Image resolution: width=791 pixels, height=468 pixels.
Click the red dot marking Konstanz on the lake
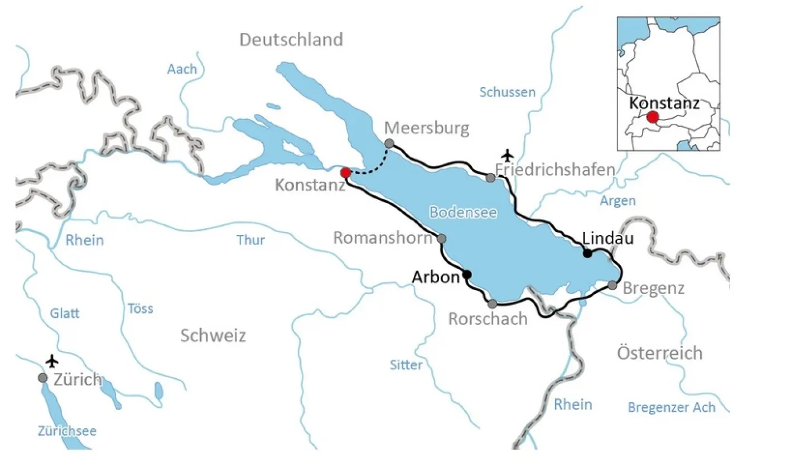345,172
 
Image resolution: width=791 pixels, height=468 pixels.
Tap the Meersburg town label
427,129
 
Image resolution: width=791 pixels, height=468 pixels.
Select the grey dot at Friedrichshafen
490,178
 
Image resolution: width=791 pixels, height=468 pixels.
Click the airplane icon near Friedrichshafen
507,153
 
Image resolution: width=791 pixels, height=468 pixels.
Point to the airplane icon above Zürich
52,361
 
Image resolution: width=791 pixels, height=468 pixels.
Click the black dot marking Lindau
587,253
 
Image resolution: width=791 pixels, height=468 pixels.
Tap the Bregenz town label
653,288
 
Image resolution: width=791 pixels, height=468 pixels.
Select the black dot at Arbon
467,274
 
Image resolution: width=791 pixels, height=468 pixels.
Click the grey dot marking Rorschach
493,304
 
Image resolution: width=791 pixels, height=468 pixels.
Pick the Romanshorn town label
383,238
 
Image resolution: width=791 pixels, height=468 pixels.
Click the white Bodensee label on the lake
462,212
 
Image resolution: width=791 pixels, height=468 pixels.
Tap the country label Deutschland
291,40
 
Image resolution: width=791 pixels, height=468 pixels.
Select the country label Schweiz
213,335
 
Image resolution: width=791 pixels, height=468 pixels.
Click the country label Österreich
660,353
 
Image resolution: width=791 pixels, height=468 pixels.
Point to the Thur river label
250,240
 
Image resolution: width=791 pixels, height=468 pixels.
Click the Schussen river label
508,93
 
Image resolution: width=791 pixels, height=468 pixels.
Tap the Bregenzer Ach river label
671,407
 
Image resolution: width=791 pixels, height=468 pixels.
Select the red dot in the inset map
652,117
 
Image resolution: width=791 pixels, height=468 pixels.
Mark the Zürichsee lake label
67,431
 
